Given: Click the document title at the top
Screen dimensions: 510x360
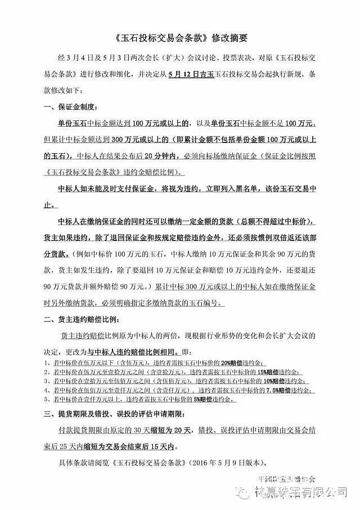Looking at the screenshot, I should pos(181,38).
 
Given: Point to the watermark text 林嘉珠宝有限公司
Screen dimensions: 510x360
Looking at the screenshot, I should pos(304,492).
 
